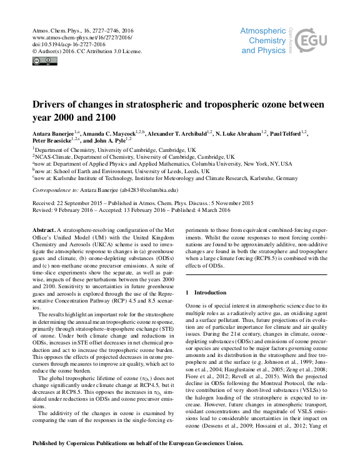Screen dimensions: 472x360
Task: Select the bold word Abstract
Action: (45, 231)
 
